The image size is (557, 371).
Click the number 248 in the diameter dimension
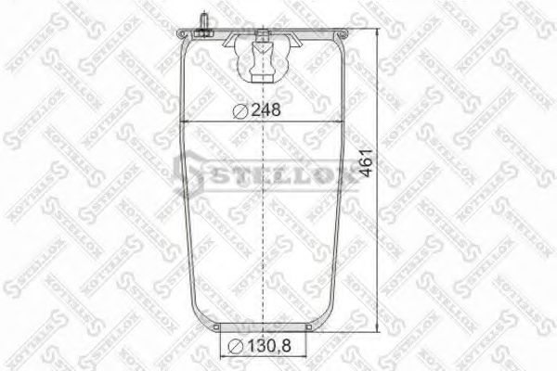[266, 109]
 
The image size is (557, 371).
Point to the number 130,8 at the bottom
[270, 347]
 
